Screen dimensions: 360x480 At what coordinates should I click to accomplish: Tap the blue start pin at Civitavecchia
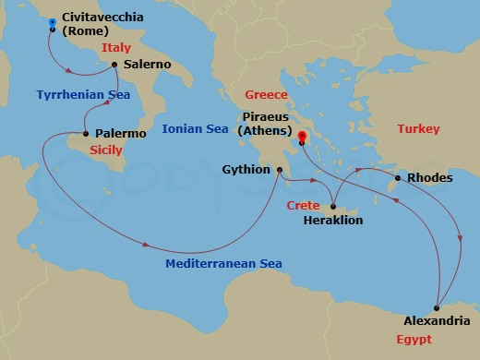pos(52,21)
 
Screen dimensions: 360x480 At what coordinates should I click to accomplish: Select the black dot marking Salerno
pos(114,65)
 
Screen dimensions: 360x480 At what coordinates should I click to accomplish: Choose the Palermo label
pos(120,134)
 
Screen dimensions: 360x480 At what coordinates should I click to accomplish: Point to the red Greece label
pos(266,95)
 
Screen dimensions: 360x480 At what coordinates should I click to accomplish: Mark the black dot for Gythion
pos(279,170)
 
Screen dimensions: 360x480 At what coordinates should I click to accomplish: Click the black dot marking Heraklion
pos(331,208)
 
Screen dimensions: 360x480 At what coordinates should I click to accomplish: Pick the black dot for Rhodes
pos(398,178)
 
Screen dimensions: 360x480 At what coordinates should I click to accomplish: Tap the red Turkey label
pos(418,129)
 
